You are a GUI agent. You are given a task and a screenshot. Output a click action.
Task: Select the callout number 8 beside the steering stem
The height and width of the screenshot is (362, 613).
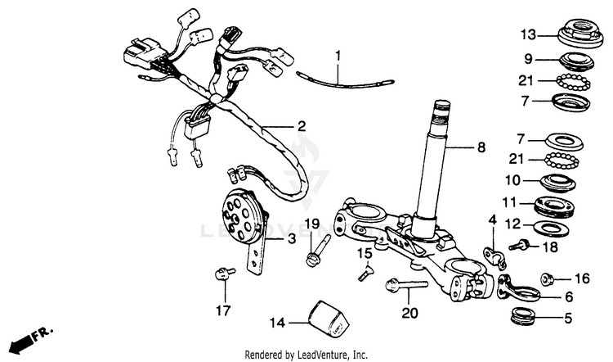click(481, 148)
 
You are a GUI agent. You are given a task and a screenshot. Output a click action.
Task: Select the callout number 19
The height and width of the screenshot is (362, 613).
click(311, 224)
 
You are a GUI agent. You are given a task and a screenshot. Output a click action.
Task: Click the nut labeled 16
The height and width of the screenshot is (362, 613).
click(550, 278)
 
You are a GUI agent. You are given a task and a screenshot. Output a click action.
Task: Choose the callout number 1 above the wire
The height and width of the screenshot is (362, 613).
click(335, 56)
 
